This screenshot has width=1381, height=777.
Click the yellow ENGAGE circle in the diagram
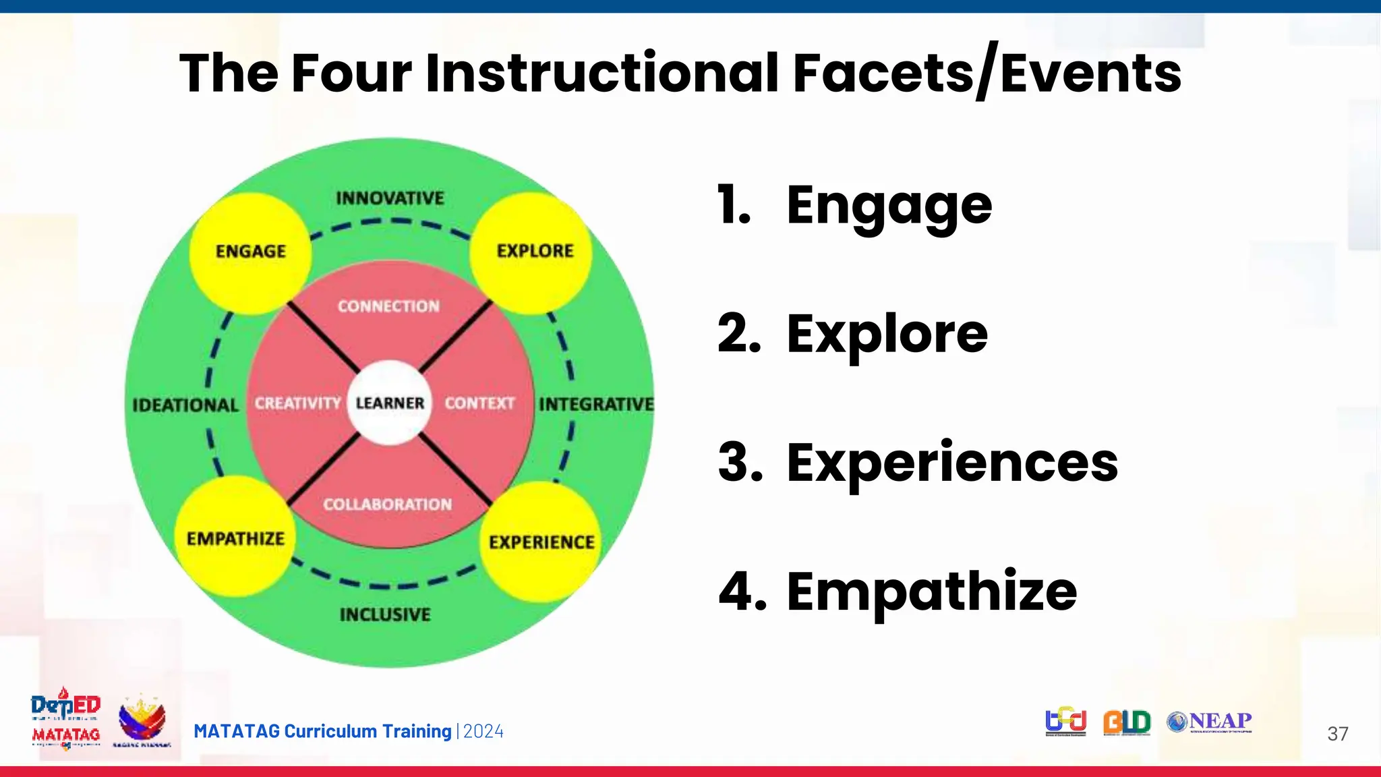[251, 252]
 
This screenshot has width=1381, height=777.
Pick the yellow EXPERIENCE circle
[541, 542]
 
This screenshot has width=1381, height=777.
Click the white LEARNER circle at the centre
[390, 403]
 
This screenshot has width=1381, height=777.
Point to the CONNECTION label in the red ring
[388, 306]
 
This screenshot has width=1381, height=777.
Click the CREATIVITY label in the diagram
[297, 403]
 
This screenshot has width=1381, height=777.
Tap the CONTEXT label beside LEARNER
[479, 403]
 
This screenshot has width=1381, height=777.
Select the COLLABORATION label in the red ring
[387, 504]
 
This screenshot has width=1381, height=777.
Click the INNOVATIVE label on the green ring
[390, 198]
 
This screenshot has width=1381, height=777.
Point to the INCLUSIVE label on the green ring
[385, 614]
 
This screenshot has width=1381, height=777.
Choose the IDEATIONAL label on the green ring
[185, 405]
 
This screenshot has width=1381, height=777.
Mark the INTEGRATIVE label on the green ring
[596, 404]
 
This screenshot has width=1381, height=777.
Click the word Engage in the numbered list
[889, 206]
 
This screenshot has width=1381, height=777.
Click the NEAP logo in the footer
[1210, 722]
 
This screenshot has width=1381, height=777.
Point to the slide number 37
[1337, 734]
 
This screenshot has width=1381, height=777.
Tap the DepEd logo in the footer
[65, 706]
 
